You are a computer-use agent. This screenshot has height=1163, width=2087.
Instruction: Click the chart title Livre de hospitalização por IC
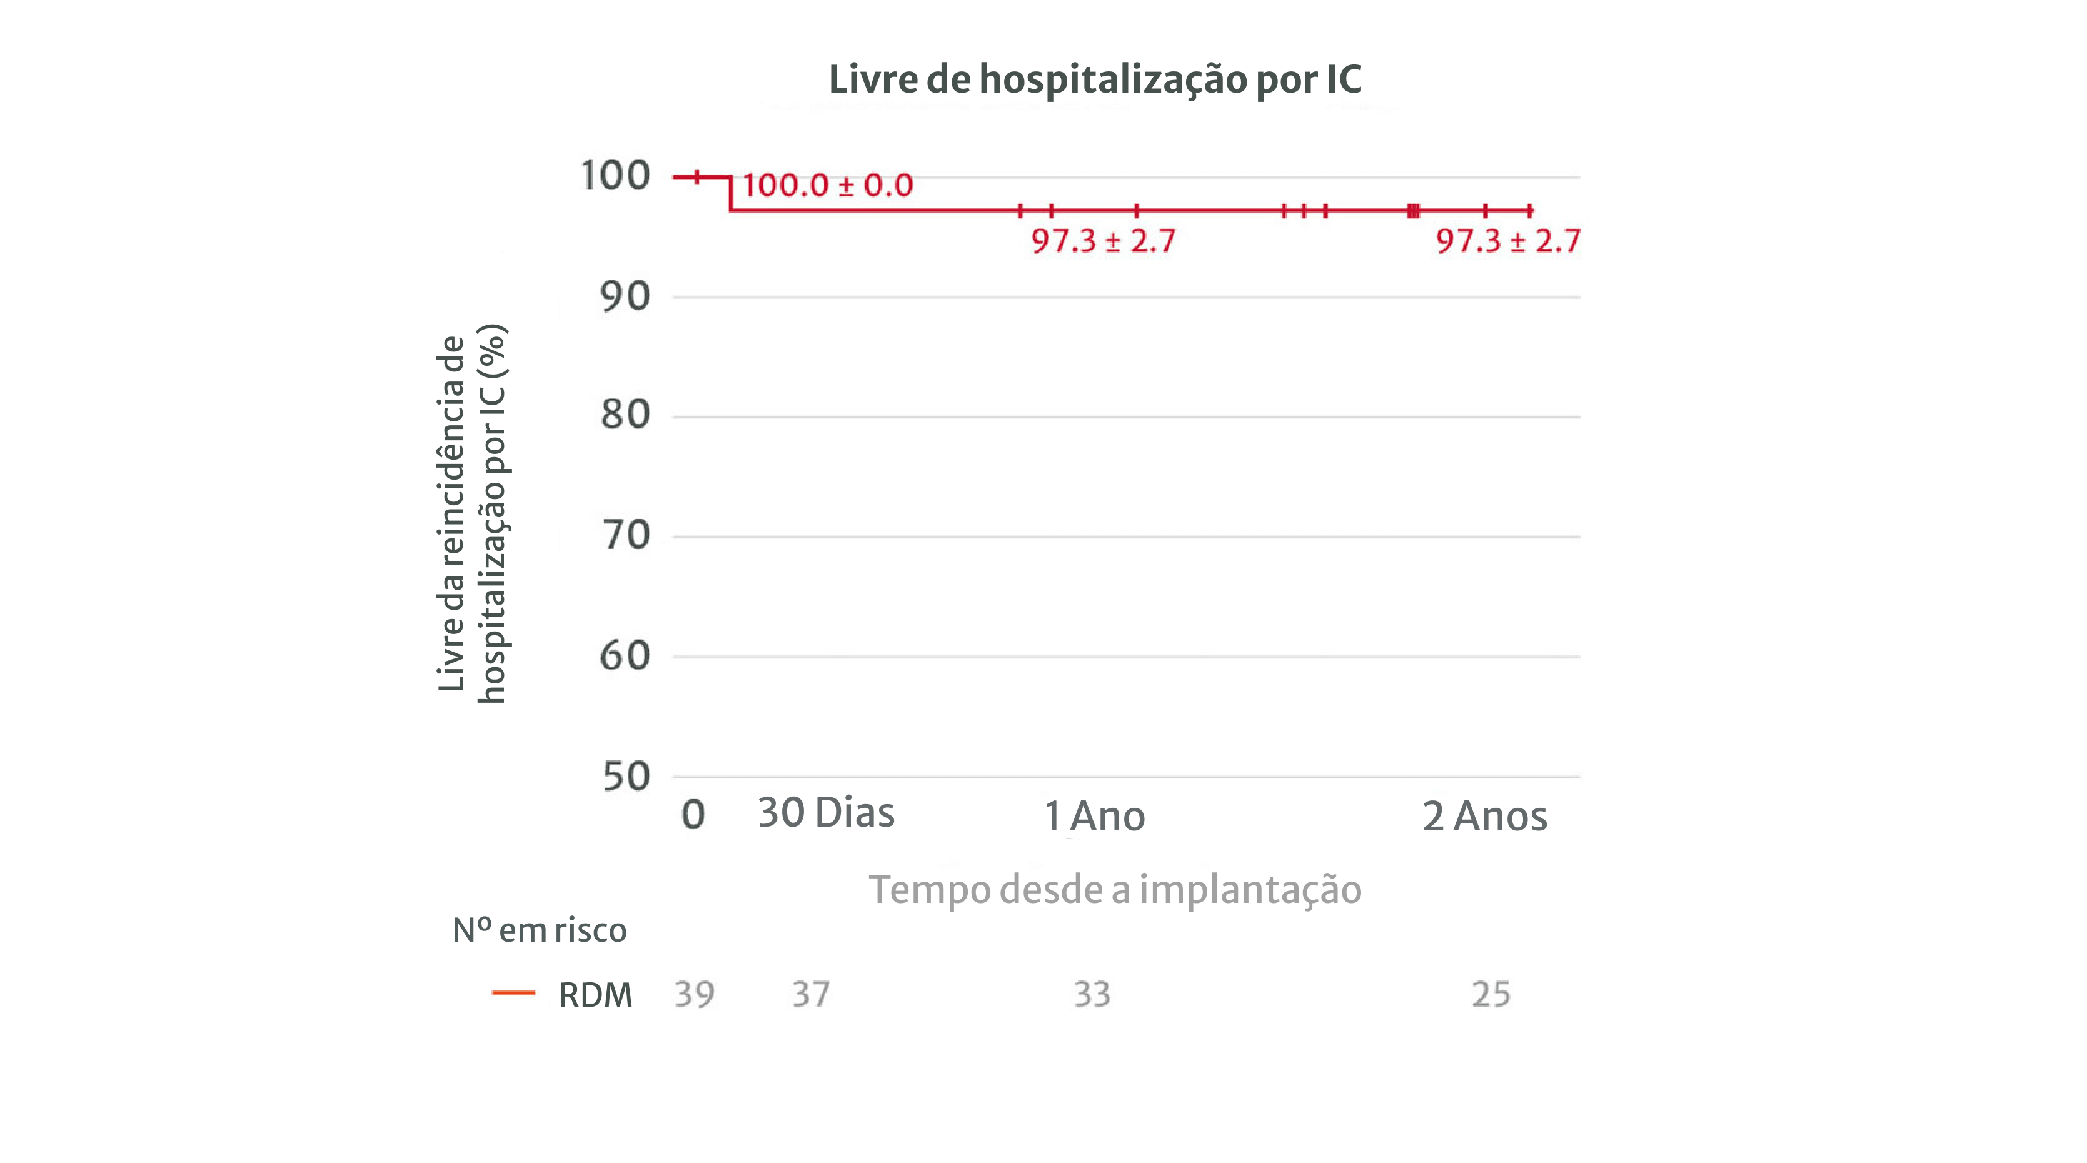(1095, 79)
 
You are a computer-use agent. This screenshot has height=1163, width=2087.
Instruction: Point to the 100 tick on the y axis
(615, 176)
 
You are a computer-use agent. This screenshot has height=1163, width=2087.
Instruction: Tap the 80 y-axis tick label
(625, 415)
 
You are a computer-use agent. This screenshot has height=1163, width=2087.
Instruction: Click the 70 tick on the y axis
(625, 535)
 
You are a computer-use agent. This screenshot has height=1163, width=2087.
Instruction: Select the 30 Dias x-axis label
(825, 813)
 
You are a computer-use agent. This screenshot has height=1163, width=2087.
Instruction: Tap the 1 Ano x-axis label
(1095, 816)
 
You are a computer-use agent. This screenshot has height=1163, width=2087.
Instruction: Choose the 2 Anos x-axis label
(1484, 816)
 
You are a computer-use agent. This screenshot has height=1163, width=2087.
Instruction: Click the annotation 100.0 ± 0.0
(827, 186)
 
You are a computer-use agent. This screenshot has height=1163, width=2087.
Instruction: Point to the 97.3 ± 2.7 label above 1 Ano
(1103, 241)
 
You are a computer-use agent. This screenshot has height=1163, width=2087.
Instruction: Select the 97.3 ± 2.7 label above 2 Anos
(1507, 241)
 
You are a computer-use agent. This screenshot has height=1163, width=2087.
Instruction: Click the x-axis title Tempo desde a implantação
(1115, 890)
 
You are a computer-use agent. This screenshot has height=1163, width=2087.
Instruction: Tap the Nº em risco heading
(539, 930)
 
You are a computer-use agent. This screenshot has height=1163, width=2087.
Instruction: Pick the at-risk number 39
(695, 994)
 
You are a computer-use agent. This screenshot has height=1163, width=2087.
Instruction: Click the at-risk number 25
(1491, 994)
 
